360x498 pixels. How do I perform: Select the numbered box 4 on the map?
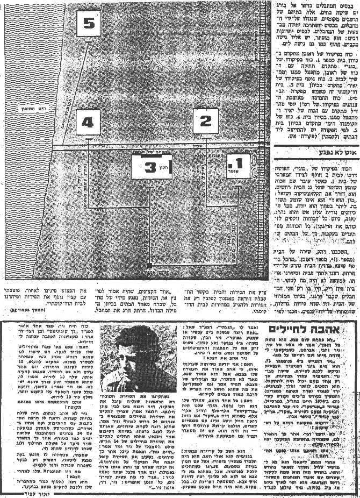(88, 123)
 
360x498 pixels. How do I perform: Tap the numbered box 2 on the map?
(206, 122)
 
